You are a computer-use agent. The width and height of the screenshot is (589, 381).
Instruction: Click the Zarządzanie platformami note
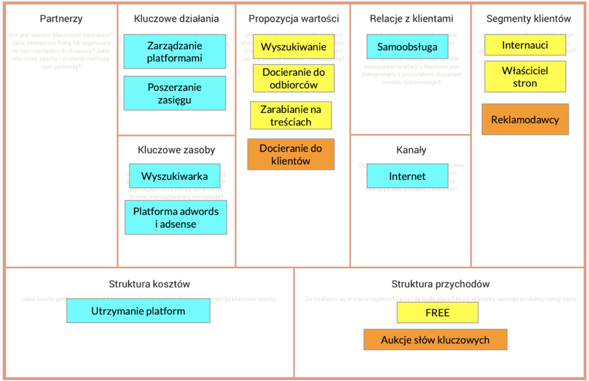(x=174, y=51)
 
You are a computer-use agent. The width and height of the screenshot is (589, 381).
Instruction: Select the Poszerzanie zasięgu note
(x=174, y=94)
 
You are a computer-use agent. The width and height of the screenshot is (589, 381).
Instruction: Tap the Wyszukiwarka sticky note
(x=174, y=176)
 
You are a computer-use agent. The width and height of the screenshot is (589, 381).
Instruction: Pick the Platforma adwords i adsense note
(x=175, y=217)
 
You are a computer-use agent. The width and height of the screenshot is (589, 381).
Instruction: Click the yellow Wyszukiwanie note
(x=294, y=47)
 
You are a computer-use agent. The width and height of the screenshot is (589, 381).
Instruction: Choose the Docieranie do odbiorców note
(x=293, y=79)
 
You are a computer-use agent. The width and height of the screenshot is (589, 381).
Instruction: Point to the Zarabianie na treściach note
(x=290, y=116)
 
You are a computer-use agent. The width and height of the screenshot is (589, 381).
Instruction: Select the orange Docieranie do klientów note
(x=290, y=155)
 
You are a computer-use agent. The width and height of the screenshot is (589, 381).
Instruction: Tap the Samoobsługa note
(x=407, y=47)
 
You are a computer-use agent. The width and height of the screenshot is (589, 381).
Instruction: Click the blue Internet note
(x=407, y=176)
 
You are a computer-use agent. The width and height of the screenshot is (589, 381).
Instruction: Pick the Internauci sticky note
(x=525, y=45)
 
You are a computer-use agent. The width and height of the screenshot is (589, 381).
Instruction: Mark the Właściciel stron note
(x=525, y=76)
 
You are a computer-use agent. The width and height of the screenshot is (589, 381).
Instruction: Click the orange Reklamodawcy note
(x=525, y=120)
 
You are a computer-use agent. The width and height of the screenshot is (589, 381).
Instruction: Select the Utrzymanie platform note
(x=138, y=311)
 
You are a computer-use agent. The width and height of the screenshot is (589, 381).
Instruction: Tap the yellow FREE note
(x=437, y=313)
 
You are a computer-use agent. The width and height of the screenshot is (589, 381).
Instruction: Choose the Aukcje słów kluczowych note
(x=435, y=340)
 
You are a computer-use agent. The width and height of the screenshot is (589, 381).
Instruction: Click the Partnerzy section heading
(x=61, y=19)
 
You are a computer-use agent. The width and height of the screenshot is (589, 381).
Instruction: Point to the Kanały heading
(x=411, y=150)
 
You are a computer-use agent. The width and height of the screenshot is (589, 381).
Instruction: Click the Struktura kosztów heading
(x=149, y=284)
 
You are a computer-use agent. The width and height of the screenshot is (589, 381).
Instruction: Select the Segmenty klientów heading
(x=529, y=19)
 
